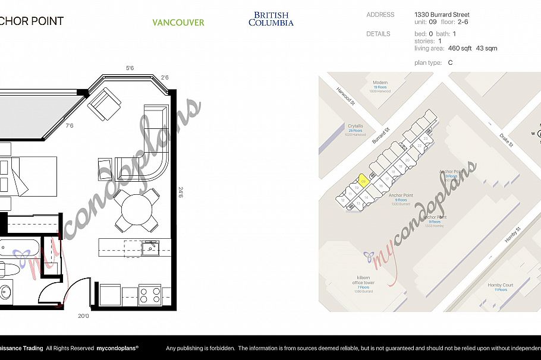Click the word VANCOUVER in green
coord(178,23)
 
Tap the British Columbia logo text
coord(270,19)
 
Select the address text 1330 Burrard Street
coord(442,15)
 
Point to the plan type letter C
coord(450,62)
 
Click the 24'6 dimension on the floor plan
coord(180,193)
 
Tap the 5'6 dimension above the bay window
coord(130,69)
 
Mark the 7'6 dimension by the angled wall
coord(70,126)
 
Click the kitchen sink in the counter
coord(149,247)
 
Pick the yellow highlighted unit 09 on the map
coord(363,180)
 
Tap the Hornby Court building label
coord(500,286)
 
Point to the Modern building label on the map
coord(380,83)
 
